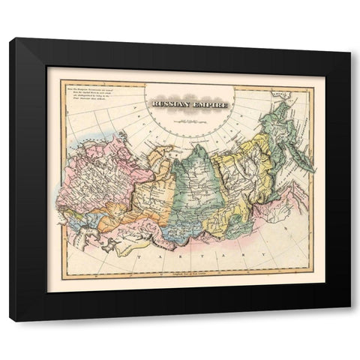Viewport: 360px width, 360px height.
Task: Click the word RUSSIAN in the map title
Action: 166,106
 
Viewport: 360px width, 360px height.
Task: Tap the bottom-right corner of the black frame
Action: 349,320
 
